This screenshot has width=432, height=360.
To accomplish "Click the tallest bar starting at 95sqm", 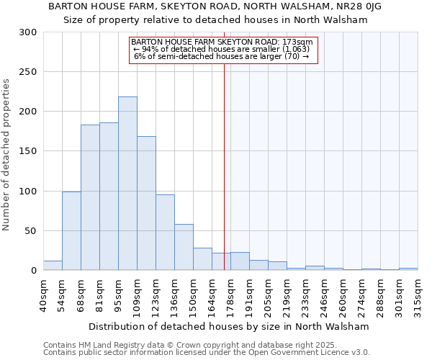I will [x=127, y=184].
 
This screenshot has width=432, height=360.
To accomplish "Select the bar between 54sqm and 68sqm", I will [x=71, y=230].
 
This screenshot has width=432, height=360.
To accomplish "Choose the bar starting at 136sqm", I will [x=184, y=247].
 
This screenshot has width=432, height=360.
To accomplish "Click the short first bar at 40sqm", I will [x=53, y=266].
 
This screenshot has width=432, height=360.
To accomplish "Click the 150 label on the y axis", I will [x=28, y=151].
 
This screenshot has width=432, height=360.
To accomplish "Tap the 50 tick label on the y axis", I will [x=31, y=231].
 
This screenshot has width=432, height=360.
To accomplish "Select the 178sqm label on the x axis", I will [x=231, y=293].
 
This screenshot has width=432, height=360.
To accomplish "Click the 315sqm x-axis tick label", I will [x=418, y=293].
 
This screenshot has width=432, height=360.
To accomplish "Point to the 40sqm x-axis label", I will [x=44, y=293].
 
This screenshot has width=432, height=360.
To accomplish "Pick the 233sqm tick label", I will [x=306, y=293].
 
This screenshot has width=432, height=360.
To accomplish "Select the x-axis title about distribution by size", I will [x=230, y=326].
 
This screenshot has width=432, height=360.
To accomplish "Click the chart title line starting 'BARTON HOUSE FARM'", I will [x=215, y=6].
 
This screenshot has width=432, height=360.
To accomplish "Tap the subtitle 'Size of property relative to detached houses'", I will [x=215, y=20].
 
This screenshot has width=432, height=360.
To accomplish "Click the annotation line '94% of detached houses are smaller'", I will [x=222, y=49].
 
